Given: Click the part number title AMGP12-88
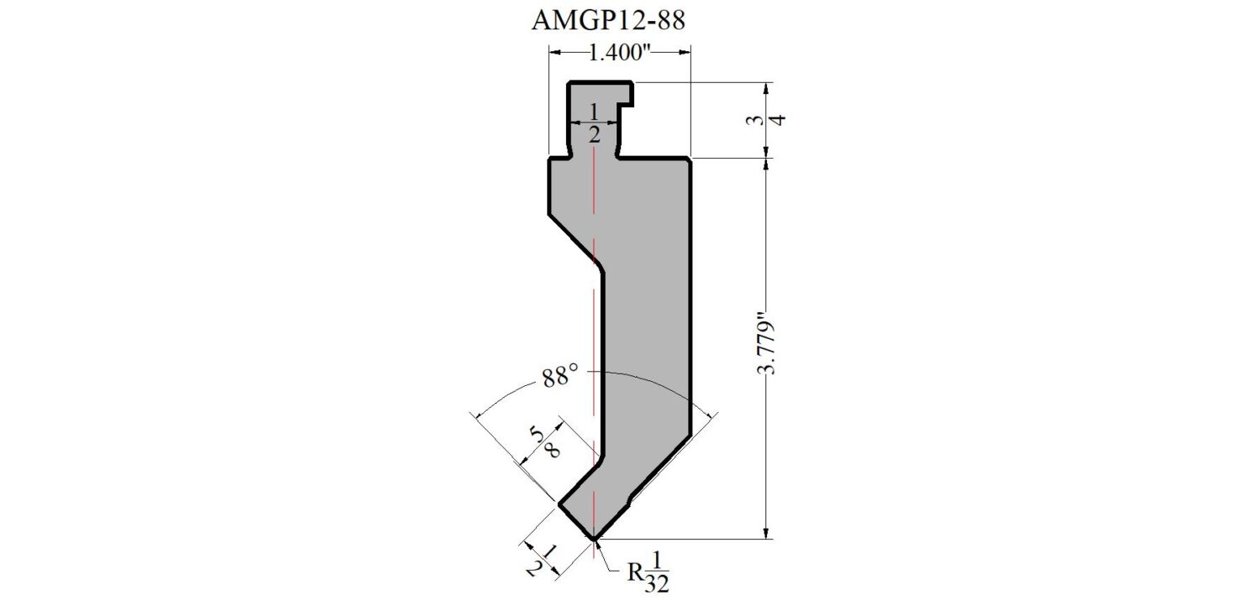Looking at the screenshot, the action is [x=608, y=20].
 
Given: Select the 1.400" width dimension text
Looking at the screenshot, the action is [x=619, y=53].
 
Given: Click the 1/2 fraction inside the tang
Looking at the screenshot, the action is [x=594, y=122].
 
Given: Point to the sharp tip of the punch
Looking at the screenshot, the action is [x=594, y=539].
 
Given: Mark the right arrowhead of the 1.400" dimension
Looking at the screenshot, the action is [x=685, y=53].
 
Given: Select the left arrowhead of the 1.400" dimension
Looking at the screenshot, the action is [x=555, y=53].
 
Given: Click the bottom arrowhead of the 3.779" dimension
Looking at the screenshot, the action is [x=765, y=533].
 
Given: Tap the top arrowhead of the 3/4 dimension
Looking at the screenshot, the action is [x=765, y=89].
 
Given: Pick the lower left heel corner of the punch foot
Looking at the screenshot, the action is [x=559, y=505].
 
